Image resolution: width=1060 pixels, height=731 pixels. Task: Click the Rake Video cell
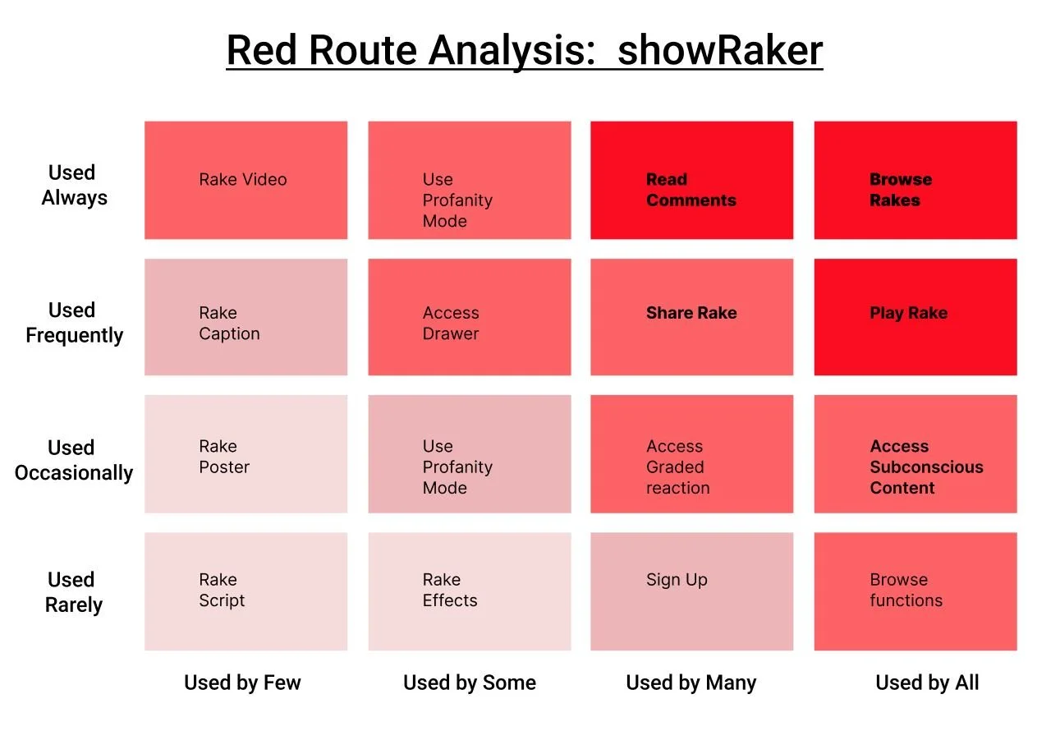coord(245,180)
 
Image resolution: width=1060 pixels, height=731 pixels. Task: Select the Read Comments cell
coord(691,181)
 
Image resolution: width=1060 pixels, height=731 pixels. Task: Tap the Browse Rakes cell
coord(915,181)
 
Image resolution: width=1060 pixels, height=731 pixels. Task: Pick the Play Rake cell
coord(915,317)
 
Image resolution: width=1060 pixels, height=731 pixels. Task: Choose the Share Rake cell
coord(691,317)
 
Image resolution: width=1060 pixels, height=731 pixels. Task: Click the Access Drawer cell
coord(469,317)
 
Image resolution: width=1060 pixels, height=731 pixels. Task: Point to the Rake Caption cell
coord(245,317)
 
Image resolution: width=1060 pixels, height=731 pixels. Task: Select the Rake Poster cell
coord(245,453)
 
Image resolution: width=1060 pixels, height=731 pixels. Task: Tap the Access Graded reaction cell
coord(691,453)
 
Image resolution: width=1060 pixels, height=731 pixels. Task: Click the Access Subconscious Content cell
coord(915,453)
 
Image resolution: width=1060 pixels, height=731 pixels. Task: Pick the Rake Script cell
coord(245,591)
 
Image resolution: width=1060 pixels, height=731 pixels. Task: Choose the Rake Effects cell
coord(469,591)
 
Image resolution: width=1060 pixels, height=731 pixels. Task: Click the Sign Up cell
coord(691,591)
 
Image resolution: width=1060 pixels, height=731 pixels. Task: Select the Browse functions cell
coord(915,591)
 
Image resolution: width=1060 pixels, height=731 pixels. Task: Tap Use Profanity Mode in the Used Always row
coord(469,181)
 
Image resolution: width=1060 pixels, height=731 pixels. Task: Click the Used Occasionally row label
coord(73,460)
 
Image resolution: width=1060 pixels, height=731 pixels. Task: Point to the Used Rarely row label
coord(74,592)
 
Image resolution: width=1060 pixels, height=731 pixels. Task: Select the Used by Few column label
coord(242,683)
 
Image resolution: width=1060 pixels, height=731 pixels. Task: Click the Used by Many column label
coord(691,683)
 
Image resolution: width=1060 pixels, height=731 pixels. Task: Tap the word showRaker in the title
coord(719,51)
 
